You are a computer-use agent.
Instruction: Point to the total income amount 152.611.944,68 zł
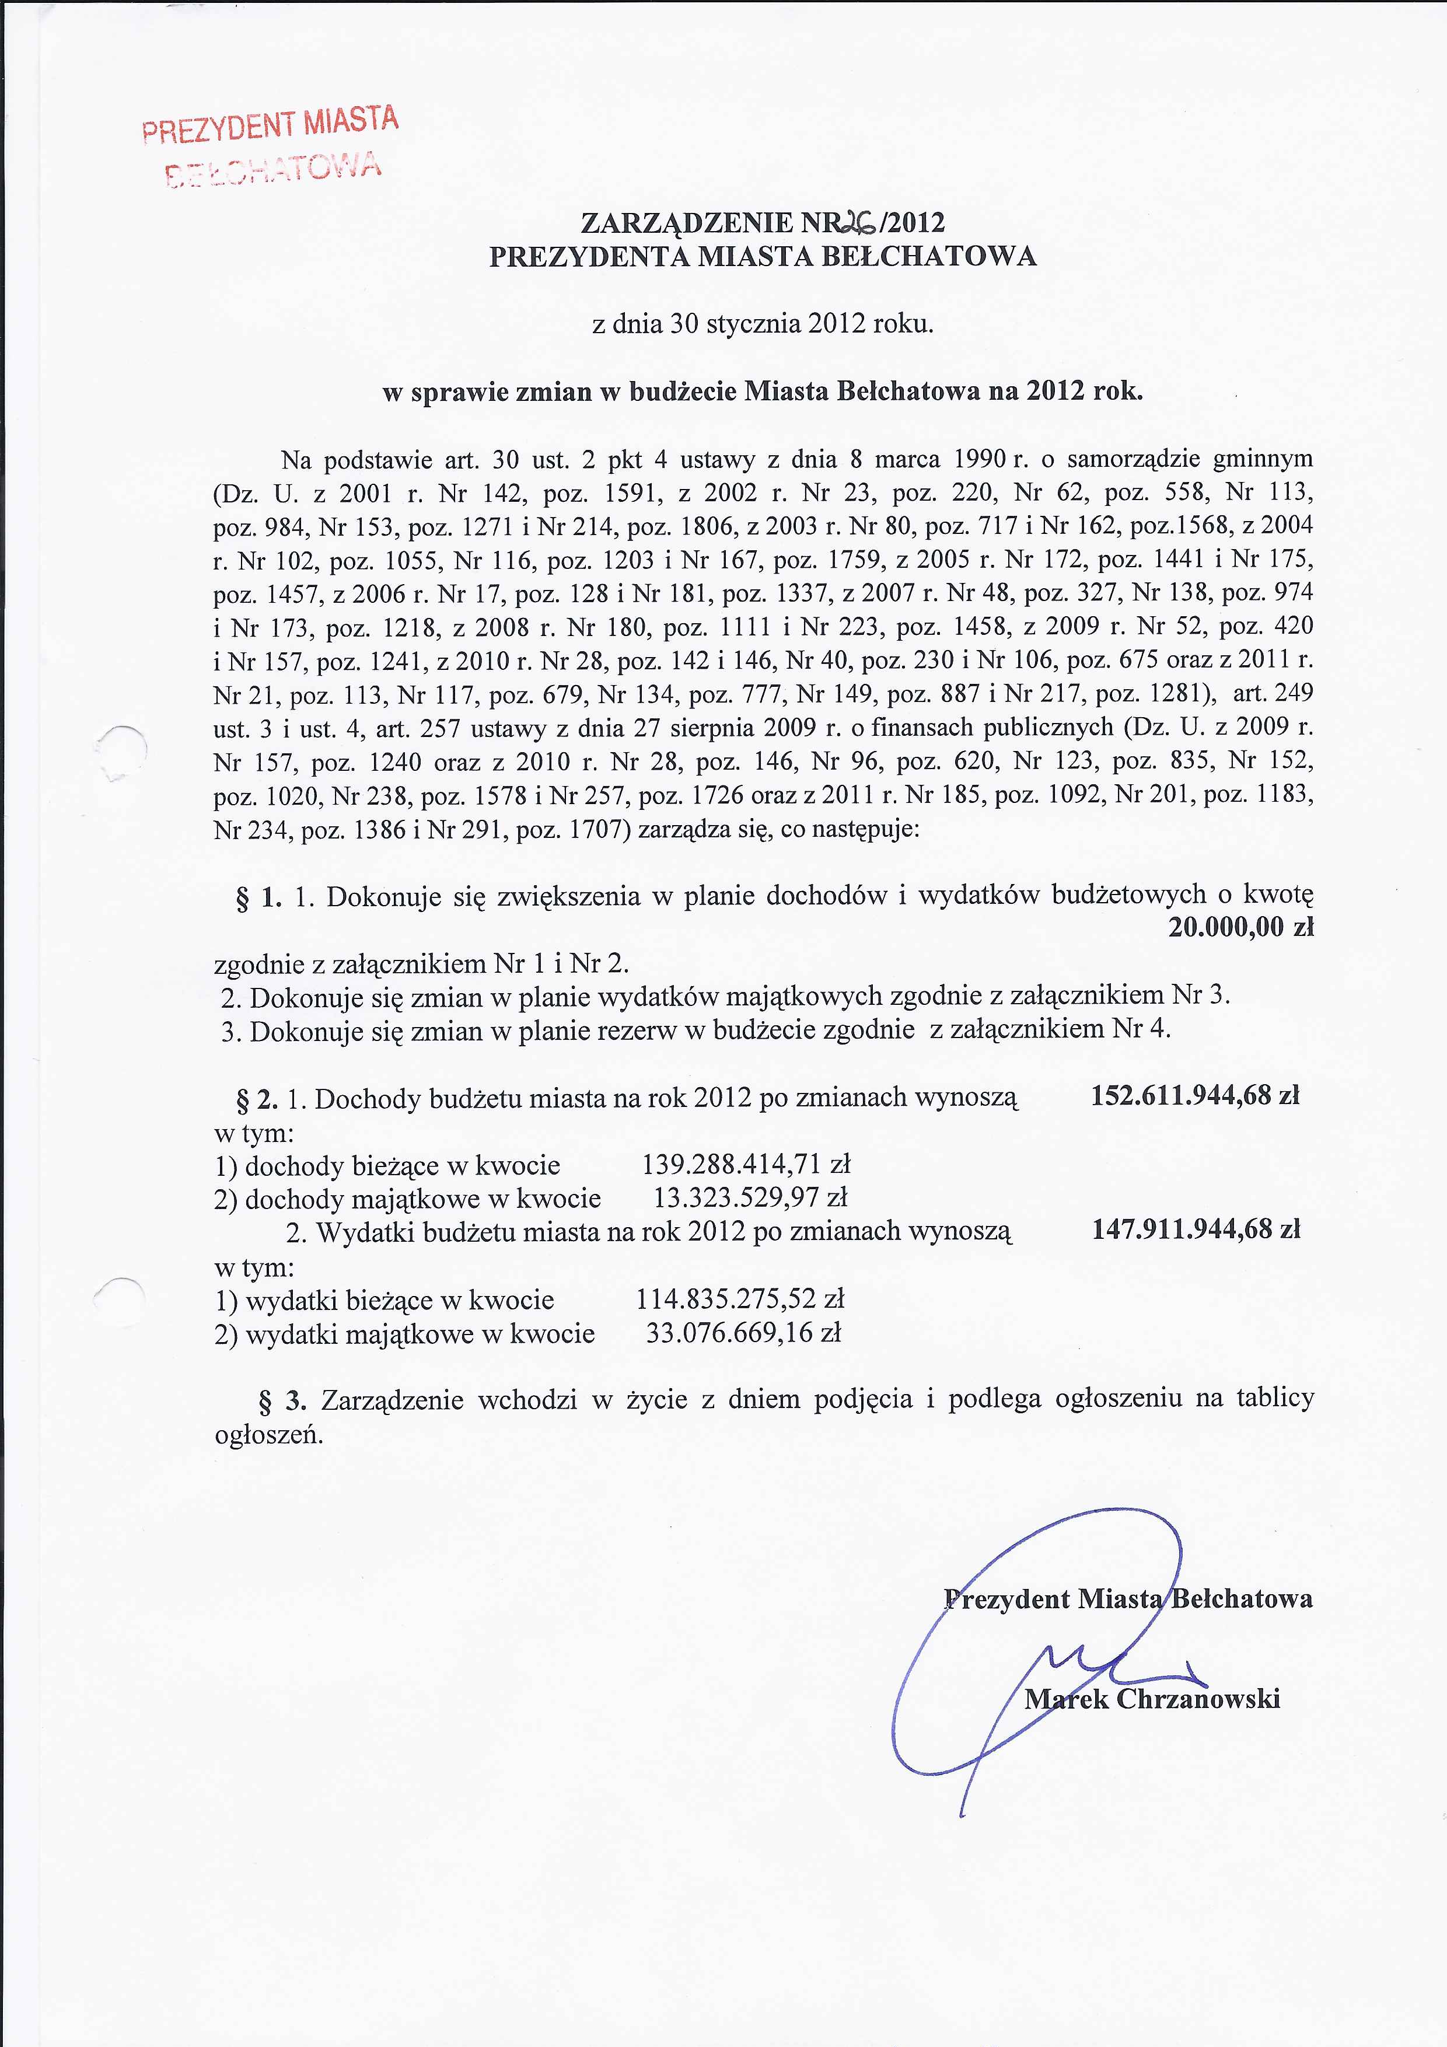(1195, 1096)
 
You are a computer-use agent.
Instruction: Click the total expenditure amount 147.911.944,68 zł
(1196, 1230)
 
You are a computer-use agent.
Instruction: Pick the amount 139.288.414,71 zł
(746, 1164)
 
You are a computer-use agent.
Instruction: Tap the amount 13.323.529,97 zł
(751, 1197)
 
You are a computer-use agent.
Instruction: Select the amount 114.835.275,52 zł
(740, 1300)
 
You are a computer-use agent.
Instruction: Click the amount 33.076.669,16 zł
(743, 1334)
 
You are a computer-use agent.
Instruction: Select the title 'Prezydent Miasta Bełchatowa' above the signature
(1128, 1598)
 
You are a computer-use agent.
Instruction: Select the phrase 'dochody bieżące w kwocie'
(402, 1166)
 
